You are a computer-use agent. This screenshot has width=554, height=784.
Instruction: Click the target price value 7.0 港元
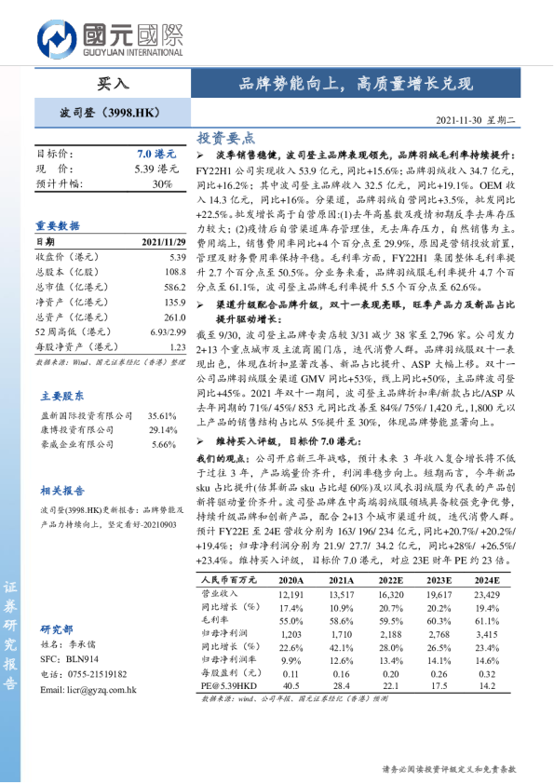point(155,154)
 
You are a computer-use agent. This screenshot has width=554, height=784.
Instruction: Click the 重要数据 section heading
point(58,225)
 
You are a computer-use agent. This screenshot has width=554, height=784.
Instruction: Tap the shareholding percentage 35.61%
point(162,415)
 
